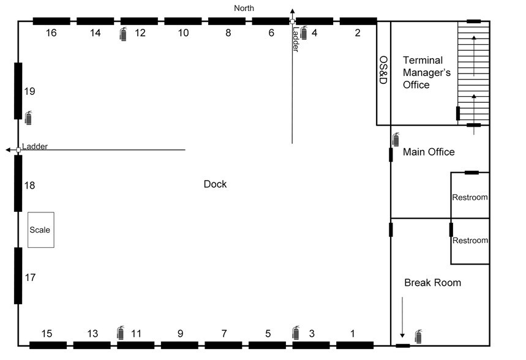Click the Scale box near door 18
[x=41, y=230]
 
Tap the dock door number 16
[x=51, y=33]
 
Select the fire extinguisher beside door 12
[x=124, y=34]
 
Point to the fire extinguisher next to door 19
[x=29, y=118]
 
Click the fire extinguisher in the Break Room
[x=418, y=337]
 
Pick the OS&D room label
[x=383, y=70]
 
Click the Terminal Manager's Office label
[x=426, y=72]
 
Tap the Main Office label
[x=429, y=152]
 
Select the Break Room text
[x=432, y=282]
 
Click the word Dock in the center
[x=215, y=184]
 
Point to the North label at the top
[x=244, y=8]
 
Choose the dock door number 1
[x=353, y=334]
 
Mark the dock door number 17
[x=30, y=277]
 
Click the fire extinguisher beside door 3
[x=296, y=332]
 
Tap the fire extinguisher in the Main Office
[x=396, y=139]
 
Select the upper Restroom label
[x=470, y=197]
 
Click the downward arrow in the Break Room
[x=402, y=317]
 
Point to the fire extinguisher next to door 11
[x=121, y=332]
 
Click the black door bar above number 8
[x=227, y=21]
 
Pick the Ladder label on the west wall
[x=35, y=146]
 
